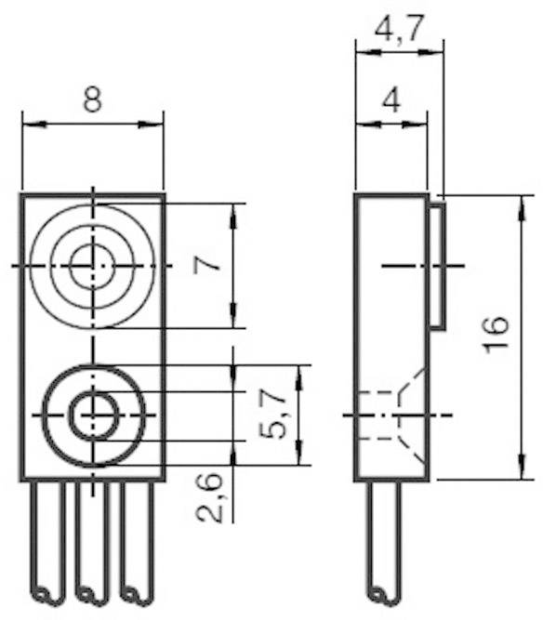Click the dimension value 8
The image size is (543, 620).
92,99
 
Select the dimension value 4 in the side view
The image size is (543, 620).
391,99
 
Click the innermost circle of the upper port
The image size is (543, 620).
93,264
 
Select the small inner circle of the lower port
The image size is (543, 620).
93,415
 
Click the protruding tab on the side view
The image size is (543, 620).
435,266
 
